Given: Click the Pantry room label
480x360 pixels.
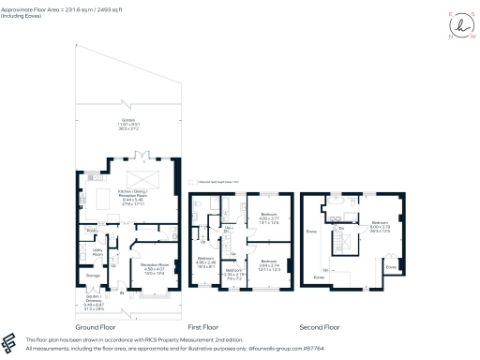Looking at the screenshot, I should click(x=92, y=230).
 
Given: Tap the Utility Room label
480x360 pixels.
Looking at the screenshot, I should click(x=96, y=251).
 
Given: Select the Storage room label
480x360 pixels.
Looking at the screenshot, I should click(x=93, y=276).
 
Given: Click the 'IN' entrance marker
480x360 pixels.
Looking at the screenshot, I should click(x=121, y=292).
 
